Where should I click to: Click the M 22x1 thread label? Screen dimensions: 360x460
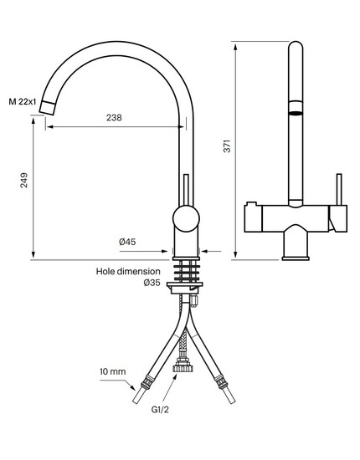coord(23,102)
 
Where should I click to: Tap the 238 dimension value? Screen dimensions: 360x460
coord(114,118)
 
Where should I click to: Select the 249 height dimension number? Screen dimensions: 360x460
coord(23,181)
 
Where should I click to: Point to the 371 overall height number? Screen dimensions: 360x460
coord(227,146)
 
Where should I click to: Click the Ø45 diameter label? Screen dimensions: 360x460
coord(127,242)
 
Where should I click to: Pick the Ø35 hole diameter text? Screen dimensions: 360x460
coord(152,283)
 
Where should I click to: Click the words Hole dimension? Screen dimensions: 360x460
coord(128,271)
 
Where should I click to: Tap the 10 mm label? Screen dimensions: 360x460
coord(113,371)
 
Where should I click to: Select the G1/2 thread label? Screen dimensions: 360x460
coord(160,410)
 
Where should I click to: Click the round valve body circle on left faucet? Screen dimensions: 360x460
coord(186,219)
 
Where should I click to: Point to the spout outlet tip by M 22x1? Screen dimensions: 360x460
coord(47,107)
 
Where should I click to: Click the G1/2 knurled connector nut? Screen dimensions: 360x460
coord(183,366)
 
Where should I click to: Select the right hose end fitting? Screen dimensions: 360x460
coord(224,390)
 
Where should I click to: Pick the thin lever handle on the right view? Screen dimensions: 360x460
coord(339,190)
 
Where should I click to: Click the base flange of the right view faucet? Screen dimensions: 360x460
coord(296,258)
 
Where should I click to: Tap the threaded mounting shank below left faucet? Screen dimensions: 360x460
coord(186,271)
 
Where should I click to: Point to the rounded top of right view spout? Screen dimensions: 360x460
coord(296,44)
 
